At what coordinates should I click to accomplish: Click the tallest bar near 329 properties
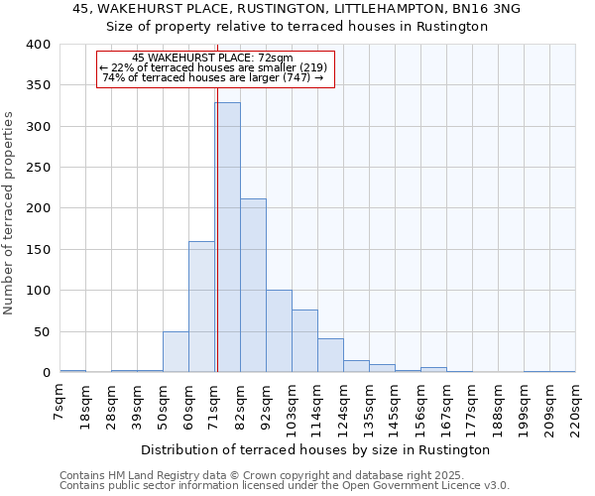pyautogui.click(x=227, y=237)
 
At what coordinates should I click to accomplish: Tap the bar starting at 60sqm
pyautogui.click(x=201, y=307)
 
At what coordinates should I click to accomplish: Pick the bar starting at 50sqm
pyautogui.click(x=176, y=352)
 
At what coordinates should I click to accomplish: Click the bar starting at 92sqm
pyautogui.click(x=279, y=331)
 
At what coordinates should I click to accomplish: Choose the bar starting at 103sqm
pyautogui.click(x=304, y=341)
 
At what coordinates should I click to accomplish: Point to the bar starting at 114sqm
pyautogui.click(x=330, y=355)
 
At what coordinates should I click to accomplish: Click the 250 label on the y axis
pyautogui.click(x=38, y=168)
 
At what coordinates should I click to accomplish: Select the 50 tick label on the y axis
pyautogui.click(x=42, y=332)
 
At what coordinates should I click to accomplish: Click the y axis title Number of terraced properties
pyautogui.click(x=10, y=212)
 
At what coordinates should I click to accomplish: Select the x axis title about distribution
pyautogui.click(x=315, y=449)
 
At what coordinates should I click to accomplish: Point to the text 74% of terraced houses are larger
pyautogui.click(x=213, y=78)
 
